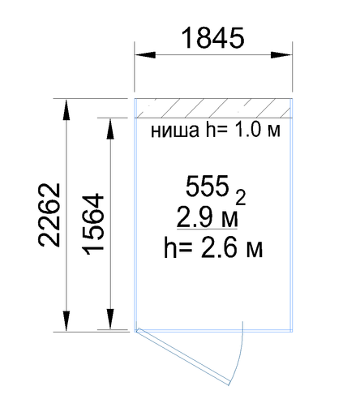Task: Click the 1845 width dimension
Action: click(213, 38)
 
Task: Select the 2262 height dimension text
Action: click(49, 215)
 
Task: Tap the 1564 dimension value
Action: click(93, 225)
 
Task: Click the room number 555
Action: click(207, 186)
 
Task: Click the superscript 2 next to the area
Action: click(241, 197)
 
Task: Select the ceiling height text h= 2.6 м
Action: click(213, 247)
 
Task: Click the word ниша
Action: click(174, 131)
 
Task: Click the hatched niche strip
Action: click(213, 108)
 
